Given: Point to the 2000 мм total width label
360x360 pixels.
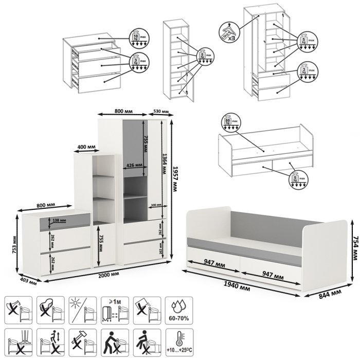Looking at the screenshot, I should [106, 275].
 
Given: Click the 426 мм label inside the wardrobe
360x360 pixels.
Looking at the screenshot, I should [133, 165].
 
